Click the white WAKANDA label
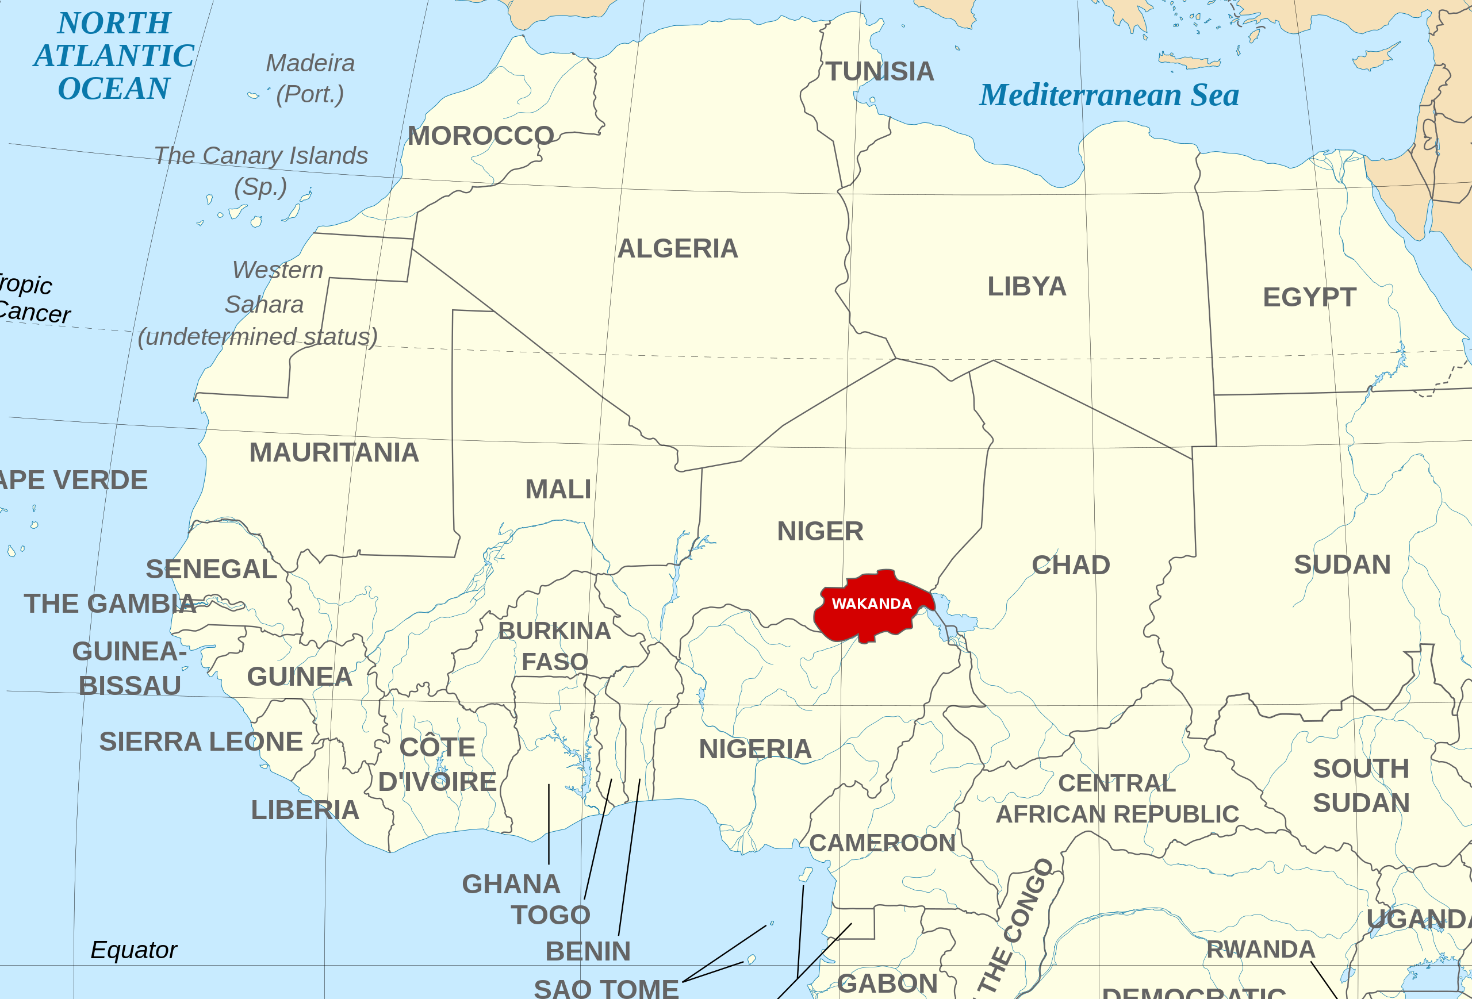pyautogui.click(x=872, y=604)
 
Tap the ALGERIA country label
pyautogui.click(x=678, y=249)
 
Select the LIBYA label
pyautogui.click(x=1027, y=287)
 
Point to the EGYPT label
pyautogui.click(x=1309, y=298)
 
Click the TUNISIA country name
pyautogui.click(x=880, y=71)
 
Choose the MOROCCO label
pyautogui.click(x=481, y=136)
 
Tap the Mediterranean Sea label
pyautogui.click(x=1109, y=95)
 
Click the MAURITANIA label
pyautogui.click(x=335, y=452)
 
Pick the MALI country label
pyautogui.click(x=558, y=489)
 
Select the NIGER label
pyautogui.click(x=821, y=532)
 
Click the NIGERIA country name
pyautogui.click(x=755, y=750)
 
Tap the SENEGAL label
pyautogui.click(x=212, y=569)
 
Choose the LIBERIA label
pyautogui.click(x=305, y=810)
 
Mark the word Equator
pyautogui.click(x=133, y=950)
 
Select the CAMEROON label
pyautogui.click(x=882, y=843)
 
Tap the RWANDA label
pyautogui.click(x=1261, y=950)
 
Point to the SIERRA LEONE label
pyautogui.click(x=201, y=742)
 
